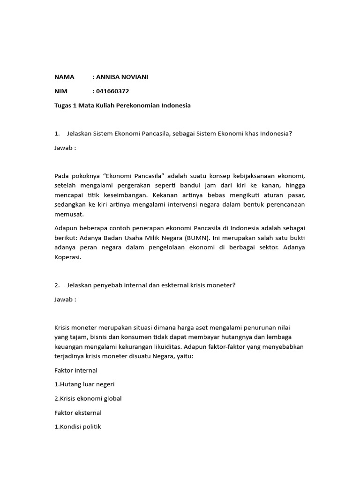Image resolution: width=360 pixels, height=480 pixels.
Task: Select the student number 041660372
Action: click(x=112, y=91)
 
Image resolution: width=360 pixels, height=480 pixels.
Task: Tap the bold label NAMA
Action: click(x=64, y=77)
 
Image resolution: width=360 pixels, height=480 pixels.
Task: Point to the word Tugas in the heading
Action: click(x=64, y=105)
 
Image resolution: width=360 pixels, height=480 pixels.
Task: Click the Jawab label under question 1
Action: click(x=65, y=148)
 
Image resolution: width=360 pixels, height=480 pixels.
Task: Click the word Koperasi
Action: click(x=68, y=256)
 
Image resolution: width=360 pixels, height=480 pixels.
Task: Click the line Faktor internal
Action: click(x=76, y=370)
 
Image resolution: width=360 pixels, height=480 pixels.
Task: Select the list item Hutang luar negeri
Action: click(x=85, y=384)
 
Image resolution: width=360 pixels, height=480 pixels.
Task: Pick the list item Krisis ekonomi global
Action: click(x=88, y=398)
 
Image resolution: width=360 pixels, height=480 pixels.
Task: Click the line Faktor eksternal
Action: click(x=78, y=413)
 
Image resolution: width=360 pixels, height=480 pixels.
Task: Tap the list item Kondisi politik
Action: click(x=78, y=427)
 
